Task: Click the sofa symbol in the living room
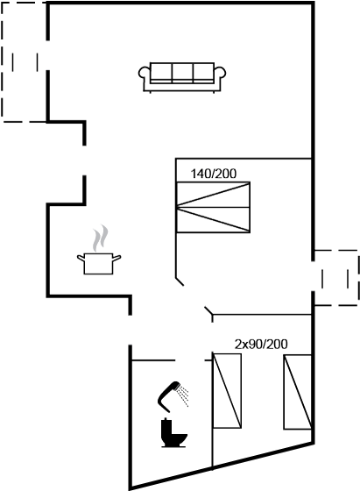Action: tap(182, 77)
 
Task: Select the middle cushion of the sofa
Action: tap(182, 72)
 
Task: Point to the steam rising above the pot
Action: tap(101, 238)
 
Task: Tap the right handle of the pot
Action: tap(116, 258)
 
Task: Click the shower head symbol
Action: tap(173, 396)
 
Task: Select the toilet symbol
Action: tap(173, 432)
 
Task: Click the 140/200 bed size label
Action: tap(214, 174)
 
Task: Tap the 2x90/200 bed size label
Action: tap(261, 345)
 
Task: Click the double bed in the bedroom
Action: tap(214, 207)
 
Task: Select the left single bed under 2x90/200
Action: tap(227, 391)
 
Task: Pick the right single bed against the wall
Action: tap(298, 392)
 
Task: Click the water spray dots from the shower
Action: tap(183, 396)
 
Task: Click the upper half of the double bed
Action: tap(214, 195)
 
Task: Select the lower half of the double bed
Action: tap(214, 220)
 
